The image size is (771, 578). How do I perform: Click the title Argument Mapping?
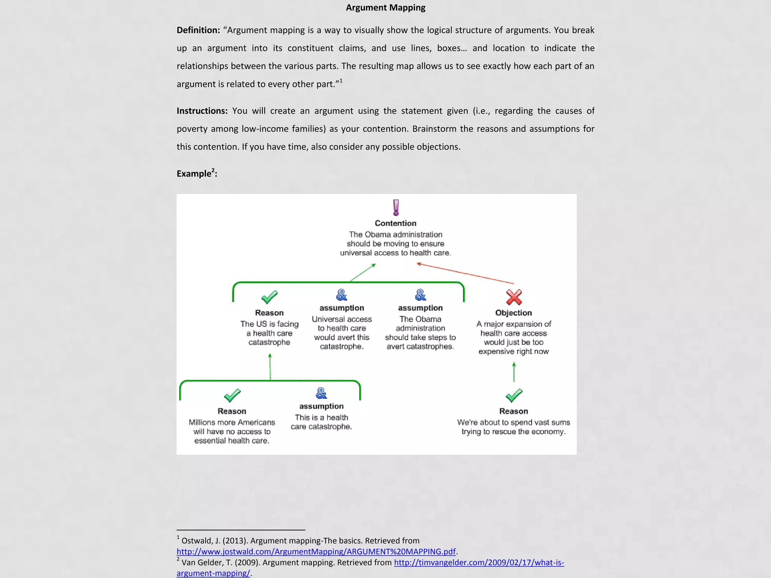point(385,8)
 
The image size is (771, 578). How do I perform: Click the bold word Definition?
point(198,30)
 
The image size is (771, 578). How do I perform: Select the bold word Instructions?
point(202,111)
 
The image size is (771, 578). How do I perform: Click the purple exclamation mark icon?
point(396,207)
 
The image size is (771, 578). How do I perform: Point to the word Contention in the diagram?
point(395,223)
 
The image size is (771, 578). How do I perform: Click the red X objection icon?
point(514,297)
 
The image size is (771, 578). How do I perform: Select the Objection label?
point(513,313)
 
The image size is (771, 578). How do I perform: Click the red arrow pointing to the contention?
point(465,273)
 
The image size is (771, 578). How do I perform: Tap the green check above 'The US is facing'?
point(270,297)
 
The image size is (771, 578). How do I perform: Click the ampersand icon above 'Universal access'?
point(341,295)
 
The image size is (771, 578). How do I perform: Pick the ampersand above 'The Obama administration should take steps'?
point(421,295)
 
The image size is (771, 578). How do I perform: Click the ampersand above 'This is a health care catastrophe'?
point(321,393)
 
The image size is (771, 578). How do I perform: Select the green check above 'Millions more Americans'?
point(232,395)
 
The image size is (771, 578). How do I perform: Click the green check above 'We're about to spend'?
point(514,395)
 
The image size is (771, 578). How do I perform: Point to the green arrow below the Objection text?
point(514,372)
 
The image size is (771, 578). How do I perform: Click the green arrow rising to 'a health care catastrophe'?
point(270,367)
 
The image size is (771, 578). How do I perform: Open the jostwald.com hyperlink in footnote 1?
point(316,552)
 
